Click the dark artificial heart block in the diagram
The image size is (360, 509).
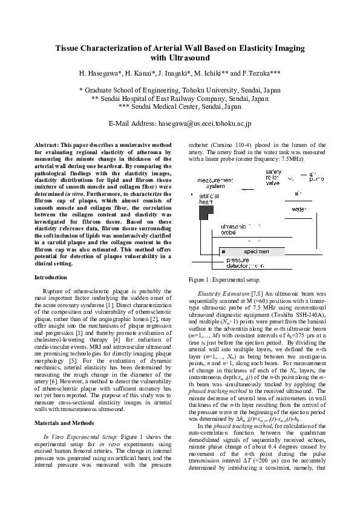click(206, 212)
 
